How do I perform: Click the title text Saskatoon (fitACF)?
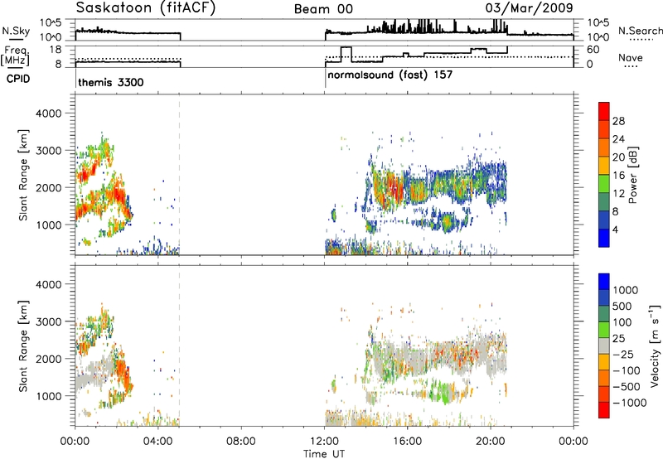(146, 8)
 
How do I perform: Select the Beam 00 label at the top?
(323, 9)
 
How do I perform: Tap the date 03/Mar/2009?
(529, 8)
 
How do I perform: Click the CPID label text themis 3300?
(111, 82)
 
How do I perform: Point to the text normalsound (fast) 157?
(390, 75)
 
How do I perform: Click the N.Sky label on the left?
(16, 31)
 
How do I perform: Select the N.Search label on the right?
(640, 31)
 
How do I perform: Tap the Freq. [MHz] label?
(16, 56)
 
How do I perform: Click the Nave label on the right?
(631, 57)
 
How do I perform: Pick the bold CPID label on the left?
(18, 79)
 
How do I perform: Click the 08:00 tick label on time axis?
(241, 442)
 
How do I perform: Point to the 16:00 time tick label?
(407, 442)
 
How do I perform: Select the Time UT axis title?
(324, 453)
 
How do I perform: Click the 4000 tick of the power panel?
(49, 114)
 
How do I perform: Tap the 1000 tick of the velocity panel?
(49, 396)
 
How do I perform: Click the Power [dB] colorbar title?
(633, 175)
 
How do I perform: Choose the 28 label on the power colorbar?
(618, 121)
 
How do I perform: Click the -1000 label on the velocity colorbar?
(630, 403)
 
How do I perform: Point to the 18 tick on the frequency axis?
(56, 50)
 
